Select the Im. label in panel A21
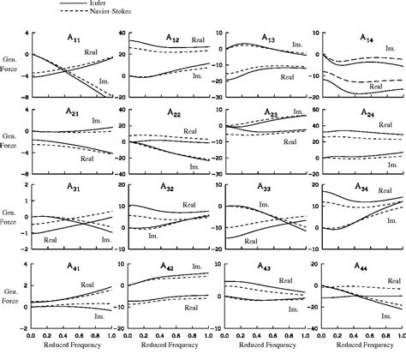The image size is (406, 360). point(96,123)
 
